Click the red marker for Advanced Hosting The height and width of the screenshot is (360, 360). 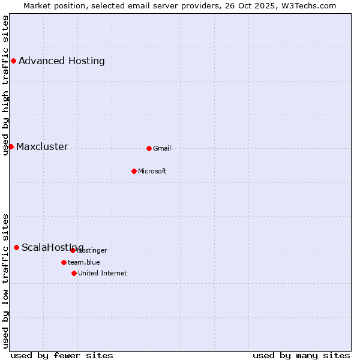tap(13, 61)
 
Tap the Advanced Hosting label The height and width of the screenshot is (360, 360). tap(62, 61)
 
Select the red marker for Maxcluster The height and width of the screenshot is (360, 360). tap(11, 146)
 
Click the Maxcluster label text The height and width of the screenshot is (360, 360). tap(42, 147)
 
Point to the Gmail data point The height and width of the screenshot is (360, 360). tap(149, 148)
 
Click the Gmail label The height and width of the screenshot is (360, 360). tap(162, 149)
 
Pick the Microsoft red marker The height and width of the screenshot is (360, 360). tap(134, 171)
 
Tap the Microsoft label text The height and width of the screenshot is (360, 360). tap(152, 172)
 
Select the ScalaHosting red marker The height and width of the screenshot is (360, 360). tap(16, 247)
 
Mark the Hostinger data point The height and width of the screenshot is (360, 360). tap(73, 250)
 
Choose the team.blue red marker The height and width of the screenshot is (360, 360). tap(64, 262)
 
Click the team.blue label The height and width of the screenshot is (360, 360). tap(84, 262)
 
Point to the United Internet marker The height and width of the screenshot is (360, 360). tap(74, 273)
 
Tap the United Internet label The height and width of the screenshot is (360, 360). tap(103, 274)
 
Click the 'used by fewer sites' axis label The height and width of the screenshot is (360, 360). tap(62, 356)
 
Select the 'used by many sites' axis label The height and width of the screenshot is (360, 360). tap(301, 356)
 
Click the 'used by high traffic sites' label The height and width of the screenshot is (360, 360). tap(5, 85)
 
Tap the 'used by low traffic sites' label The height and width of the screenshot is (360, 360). tap(5, 281)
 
